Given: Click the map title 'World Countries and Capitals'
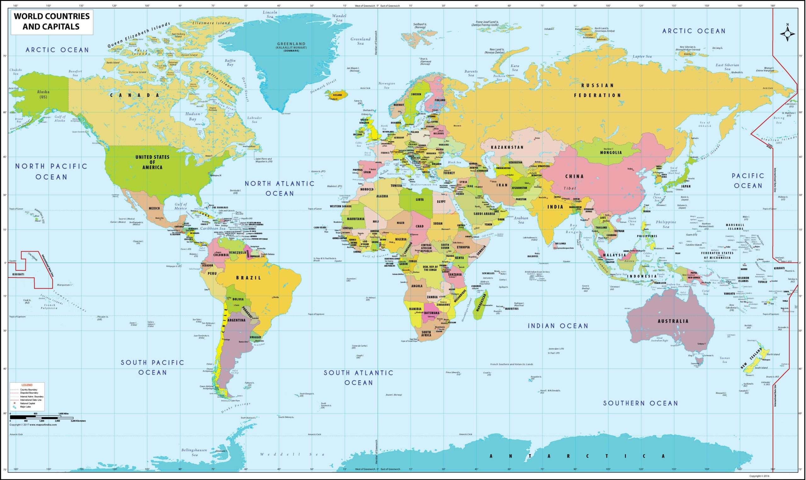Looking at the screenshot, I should pyautogui.click(x=52, y=21).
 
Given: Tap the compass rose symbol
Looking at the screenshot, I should pyautogui.click(x=787, y=34).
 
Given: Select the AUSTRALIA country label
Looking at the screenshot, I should pyautogui.click(x=673, y=321).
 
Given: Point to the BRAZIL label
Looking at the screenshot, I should pyautogui.click(x=248, y=278).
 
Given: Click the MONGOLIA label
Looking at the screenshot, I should pyautogui.click(x=611, y=153).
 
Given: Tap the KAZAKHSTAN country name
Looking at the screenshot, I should pyautogui.click(x=507, y=147).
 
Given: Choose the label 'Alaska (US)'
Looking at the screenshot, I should pyautogui.click(x=43, y=94).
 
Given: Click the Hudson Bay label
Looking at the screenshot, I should pyautogui.click(x=192, y=116).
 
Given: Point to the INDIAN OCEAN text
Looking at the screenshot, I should pyautogui.click(x=558, y=326).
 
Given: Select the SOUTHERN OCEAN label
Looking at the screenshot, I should pyautogui.click(x=640, y=403).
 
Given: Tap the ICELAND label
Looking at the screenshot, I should pyautogui.click(x=337, y=95).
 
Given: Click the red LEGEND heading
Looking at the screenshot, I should pyautogui.click(x=27, y=385).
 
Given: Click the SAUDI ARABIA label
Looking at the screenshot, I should pyautogui.click(x=484, y=214).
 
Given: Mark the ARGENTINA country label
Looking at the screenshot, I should pyautogui.click(x=236, y=320).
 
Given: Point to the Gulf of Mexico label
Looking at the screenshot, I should pyautogui.click(x=181, y=206).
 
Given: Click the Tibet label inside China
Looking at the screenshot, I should pyautogui.click(x=570, y=188).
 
